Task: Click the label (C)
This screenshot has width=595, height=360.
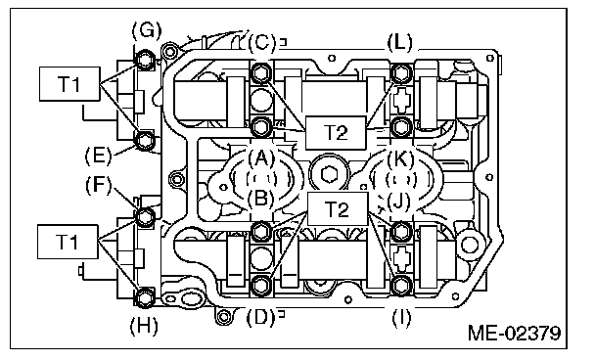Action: coord(261,42)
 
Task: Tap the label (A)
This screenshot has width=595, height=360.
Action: coord(260,157)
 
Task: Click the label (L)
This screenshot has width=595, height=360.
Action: coord(400,42)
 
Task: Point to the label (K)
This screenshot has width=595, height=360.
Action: coord(400,157)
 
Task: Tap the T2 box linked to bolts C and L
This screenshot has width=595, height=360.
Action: coord(336,131)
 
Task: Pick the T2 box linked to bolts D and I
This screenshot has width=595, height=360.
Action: coord(336,208)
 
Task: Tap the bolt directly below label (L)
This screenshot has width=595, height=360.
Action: coord(400,72)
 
